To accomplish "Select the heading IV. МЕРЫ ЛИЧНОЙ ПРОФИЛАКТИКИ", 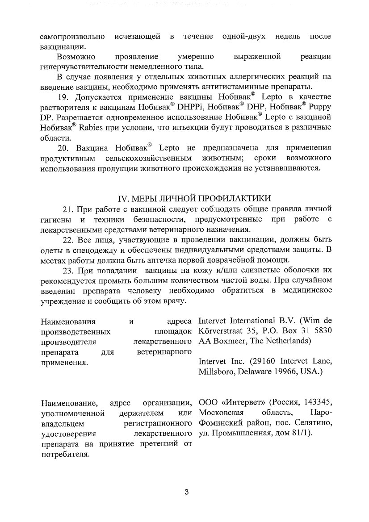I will click(x=194, y=198).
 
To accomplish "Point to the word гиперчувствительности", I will click(x=84, y=67).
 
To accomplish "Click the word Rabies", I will click(x=92, y=128).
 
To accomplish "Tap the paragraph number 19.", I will click(x=65, y=97).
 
